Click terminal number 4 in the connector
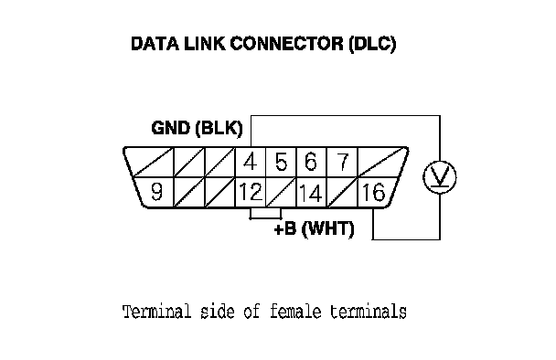coord(250,162)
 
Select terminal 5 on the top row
coord(281,162)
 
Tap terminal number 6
coord(311,162)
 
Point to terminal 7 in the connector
coord(342,162)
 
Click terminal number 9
coord(156,192)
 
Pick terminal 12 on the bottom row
coord(251,192)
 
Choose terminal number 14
coord(311,193)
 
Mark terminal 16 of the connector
coord(373,193)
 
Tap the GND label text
coord(171,128)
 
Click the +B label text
coord(285,229)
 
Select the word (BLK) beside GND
coord(219,128)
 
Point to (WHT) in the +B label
coord(328,229)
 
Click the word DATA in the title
coord(155,44)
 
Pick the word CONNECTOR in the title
coord(287,44)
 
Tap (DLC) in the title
coord(372,44)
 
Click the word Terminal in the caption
coord(157,312)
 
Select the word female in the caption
coord(295,312)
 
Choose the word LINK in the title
coord(205,44)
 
